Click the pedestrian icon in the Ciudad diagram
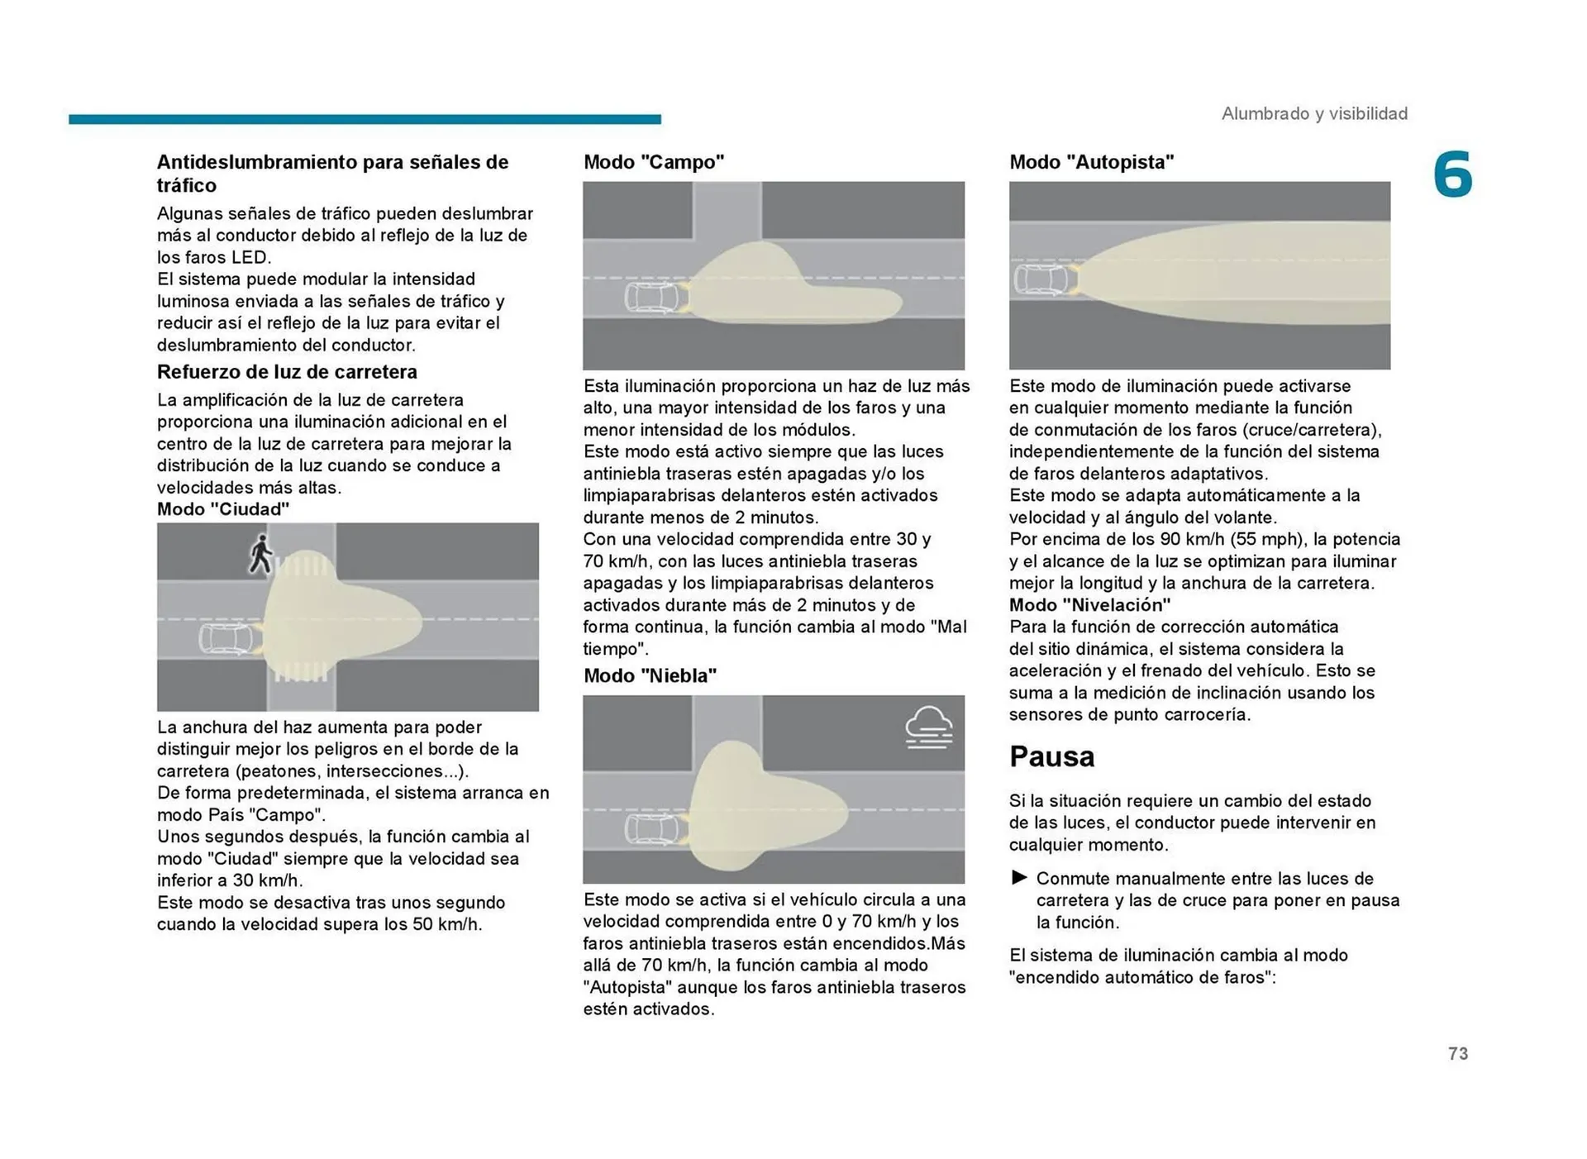click(260, 555)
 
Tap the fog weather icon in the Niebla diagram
click(928, 727)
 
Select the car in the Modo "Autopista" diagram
click(1043, 279)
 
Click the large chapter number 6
click(1452, 175)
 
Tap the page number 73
click(1458, 1053)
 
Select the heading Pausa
click(1051, 756)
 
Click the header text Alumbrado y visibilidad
click(1314, 113)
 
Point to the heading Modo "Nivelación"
click(1089, 605)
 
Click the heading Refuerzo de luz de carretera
click(287, 372)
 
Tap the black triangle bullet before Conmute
click(1019, 878)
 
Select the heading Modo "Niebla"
click(650, 675)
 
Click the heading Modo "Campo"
click(654, 162)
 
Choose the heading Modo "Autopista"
click(1091, 162)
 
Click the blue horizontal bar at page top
click(365, 119)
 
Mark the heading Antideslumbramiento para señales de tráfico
click(332, 173)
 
